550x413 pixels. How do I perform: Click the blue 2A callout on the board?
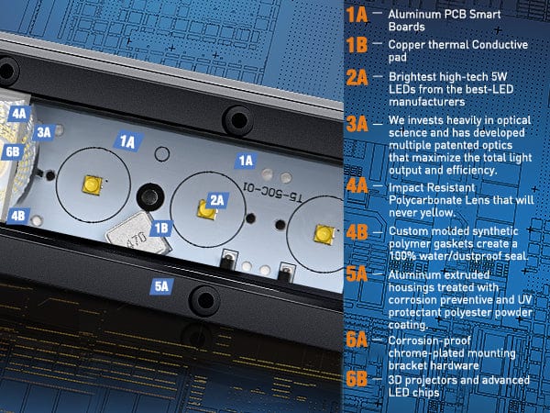(217, 200)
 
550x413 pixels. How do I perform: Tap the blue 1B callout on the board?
(161, 229)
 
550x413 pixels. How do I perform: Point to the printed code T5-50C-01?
(272, 193)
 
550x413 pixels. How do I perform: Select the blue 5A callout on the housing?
(161, 286)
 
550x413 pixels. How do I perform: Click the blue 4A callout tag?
(19, 114)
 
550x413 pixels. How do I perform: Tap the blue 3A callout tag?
(44, 132)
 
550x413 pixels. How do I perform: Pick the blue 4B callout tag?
(18, 216)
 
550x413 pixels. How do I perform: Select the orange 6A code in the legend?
(357, 340)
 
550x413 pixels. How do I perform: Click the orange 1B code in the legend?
(357, 45)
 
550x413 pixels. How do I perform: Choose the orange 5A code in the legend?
(357, 274)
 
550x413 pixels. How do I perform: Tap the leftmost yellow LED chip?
(93, 184)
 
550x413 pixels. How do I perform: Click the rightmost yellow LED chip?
(324, 234)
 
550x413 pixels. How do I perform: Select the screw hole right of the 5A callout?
(205, 300)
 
